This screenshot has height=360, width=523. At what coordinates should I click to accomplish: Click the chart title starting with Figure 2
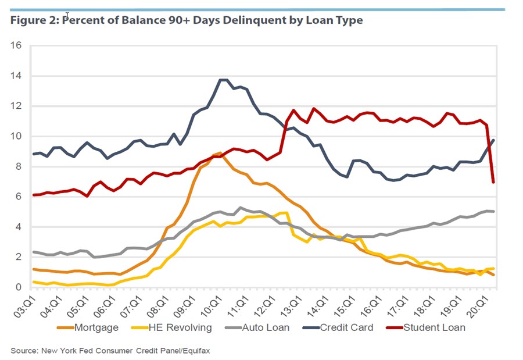pyautogui.click(x=187, y=20)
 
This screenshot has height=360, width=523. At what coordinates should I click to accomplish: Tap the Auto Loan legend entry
pyautogui.click(x=278, y=327)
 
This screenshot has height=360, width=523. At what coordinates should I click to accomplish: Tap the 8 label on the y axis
pyautogui.click(x=19, y=166)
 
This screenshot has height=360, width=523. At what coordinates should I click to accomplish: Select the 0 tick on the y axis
pyautogui.click(x=19, y=287)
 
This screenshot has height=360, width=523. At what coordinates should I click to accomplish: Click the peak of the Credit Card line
pyautogui.click(x=223, y=80)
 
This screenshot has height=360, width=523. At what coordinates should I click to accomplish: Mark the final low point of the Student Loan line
pyautogui.click(x=493, y=182)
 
